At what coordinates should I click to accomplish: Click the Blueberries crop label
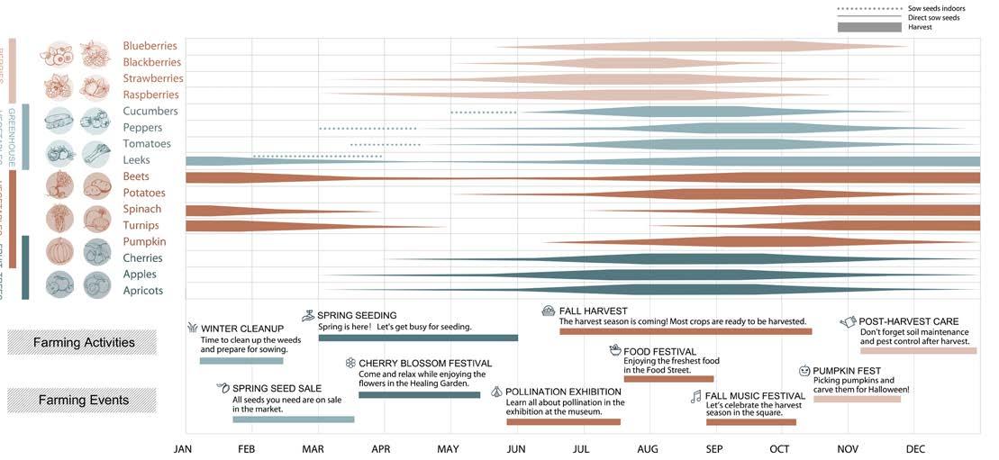click(x=150, y=46)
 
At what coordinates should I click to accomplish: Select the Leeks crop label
click(x=136, y=160)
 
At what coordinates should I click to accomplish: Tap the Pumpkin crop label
click(x=144, y=241)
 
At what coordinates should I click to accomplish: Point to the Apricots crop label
click(x=143, y=291)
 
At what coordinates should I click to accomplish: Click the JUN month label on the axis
click(x=516, y=449)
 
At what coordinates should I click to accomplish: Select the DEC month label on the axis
click(x=915, y=449)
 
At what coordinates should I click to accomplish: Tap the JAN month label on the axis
click(x=183, y=449)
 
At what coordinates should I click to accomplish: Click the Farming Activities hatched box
click(x=82, y=342)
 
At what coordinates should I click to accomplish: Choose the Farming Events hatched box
click(x=82, y=400)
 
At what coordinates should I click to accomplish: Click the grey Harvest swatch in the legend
click(x=869, y=27)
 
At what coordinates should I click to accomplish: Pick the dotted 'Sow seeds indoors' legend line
click(x=869, y=8)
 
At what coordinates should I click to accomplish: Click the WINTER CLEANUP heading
click(x=242, y=329)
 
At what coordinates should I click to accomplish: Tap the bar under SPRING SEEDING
click(x=418, y=338)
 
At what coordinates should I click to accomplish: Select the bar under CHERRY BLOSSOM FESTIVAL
click(x=419, y=394)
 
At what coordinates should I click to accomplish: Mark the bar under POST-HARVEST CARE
click(x=918, y=350)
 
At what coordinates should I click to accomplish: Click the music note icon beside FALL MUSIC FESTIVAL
click(x=695, y=396)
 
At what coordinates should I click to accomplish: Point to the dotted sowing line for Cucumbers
click(x=484, y=113)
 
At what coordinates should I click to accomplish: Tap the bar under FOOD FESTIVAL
click(x=668, y=379)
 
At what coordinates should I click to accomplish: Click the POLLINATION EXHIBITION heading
click(x=563, y=392)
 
